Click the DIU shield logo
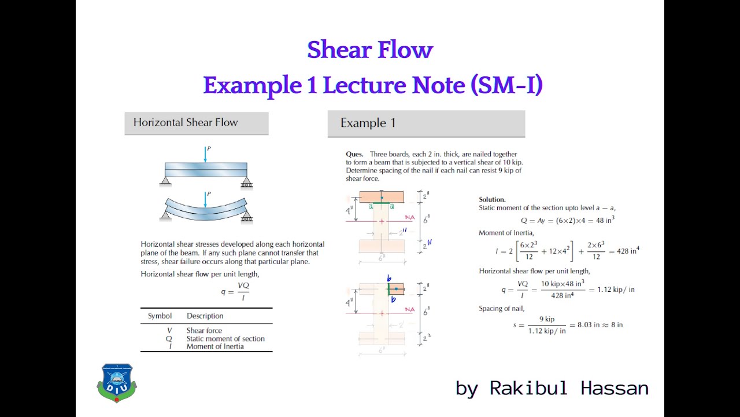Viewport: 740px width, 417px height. point(117,382)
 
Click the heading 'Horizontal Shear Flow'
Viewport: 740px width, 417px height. point(186,123)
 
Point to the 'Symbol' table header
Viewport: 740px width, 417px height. point(160,316)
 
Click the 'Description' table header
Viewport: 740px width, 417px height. point(205,316)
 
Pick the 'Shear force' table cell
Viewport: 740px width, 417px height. point(204,331)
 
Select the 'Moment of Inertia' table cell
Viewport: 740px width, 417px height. point(215,346)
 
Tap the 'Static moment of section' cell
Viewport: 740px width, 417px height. point(225,339)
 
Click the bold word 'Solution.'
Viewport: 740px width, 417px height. point(492,199)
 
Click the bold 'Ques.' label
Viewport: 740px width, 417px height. point(354,154)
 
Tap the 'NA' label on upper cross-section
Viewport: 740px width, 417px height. point(410,218)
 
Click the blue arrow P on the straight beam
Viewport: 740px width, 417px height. point(205,154)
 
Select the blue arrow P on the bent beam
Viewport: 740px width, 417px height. point(205,199)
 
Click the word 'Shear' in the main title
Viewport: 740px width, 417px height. point(336,50)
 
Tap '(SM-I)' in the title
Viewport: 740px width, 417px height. point(506,85)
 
